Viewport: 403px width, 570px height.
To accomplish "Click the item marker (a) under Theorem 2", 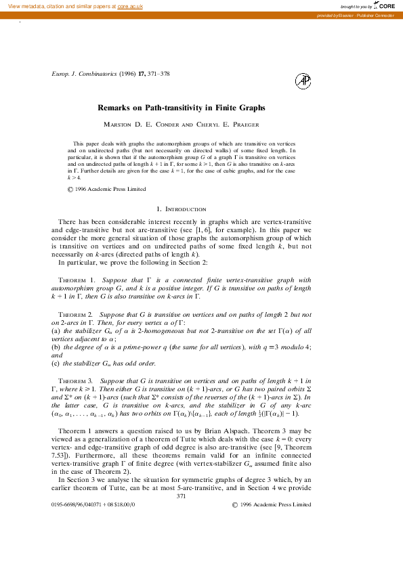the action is (56, 331).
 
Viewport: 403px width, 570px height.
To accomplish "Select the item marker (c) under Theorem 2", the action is (56, 364).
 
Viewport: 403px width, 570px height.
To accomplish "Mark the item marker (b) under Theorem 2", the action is (56, 347).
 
